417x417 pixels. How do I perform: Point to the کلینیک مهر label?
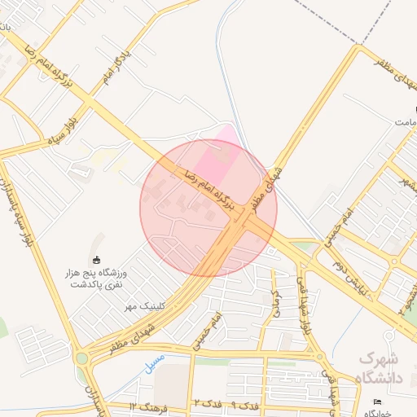[144, 306]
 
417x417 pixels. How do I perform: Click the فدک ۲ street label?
[204, 405]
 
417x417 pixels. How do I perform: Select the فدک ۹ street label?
[244, 405]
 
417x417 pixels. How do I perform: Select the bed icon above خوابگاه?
[376, 402]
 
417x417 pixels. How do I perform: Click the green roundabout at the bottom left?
[81, 357]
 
